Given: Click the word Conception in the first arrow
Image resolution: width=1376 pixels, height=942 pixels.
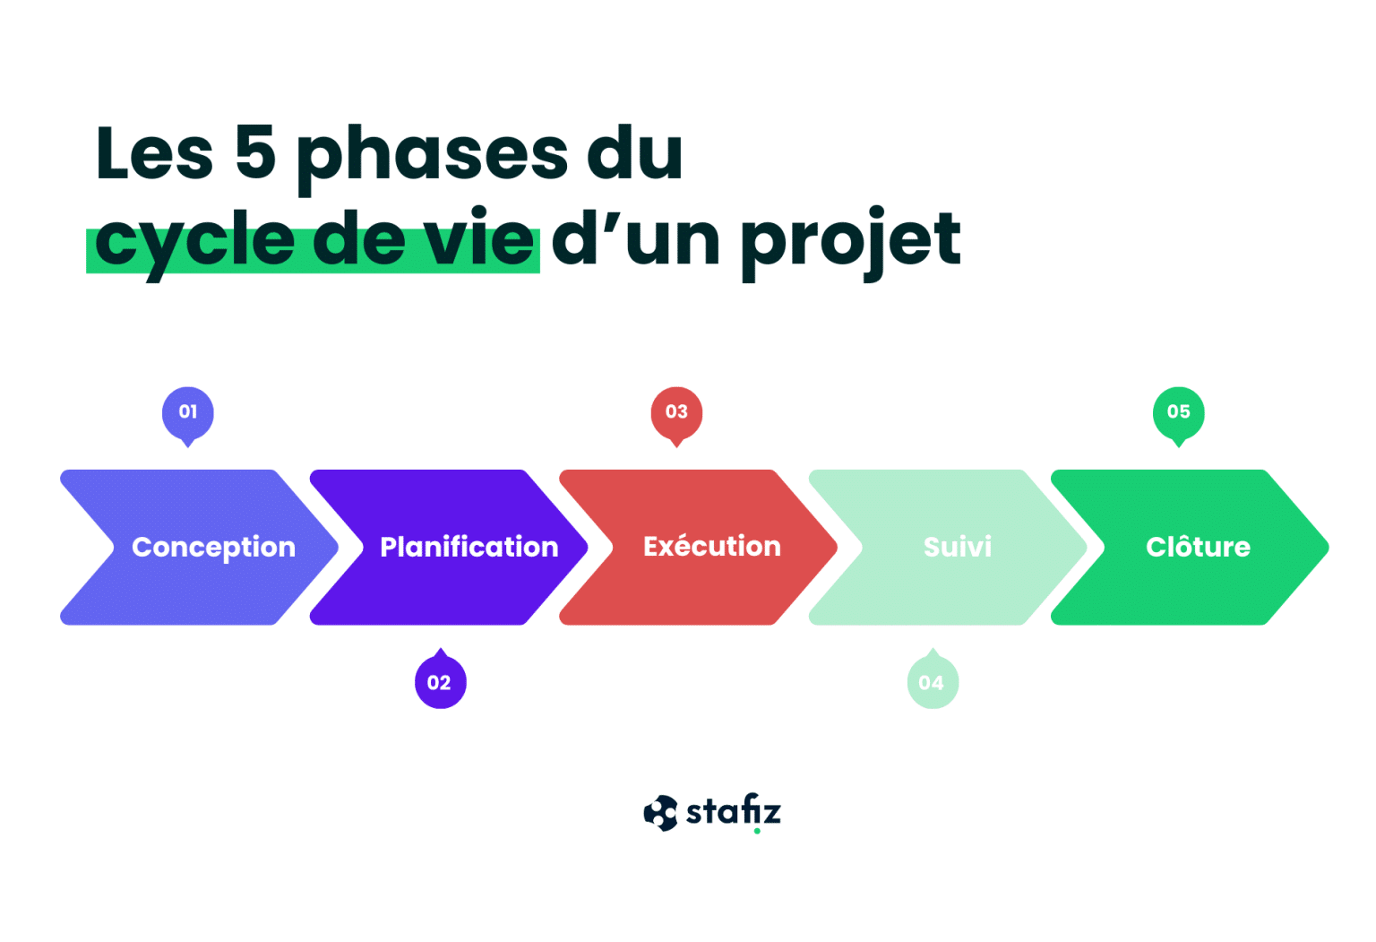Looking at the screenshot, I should (213, 547).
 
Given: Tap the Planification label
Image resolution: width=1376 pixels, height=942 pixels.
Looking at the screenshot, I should (469, 547).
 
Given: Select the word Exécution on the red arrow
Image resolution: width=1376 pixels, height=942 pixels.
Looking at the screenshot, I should (711, 546).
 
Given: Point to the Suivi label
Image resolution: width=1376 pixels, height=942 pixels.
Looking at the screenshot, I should (957, 547).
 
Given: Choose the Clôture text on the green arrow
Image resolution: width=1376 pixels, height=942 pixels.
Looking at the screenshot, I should (1198, 547).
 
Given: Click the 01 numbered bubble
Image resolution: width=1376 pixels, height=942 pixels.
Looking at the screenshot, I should (187, 412).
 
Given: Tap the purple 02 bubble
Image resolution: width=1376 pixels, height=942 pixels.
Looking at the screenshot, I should (440, 683).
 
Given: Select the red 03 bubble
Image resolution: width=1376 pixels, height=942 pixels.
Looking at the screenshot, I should (676, 412).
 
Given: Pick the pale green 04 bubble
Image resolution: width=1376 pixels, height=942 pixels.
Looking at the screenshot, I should (932, 683).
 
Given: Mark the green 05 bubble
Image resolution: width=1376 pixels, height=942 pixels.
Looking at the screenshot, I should (1178, 412).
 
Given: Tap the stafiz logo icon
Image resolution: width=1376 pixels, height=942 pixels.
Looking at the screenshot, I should (660, 813).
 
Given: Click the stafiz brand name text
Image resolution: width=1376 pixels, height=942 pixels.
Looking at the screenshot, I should (733, 811).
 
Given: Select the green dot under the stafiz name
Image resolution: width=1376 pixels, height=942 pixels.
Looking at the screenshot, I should (757, 831).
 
